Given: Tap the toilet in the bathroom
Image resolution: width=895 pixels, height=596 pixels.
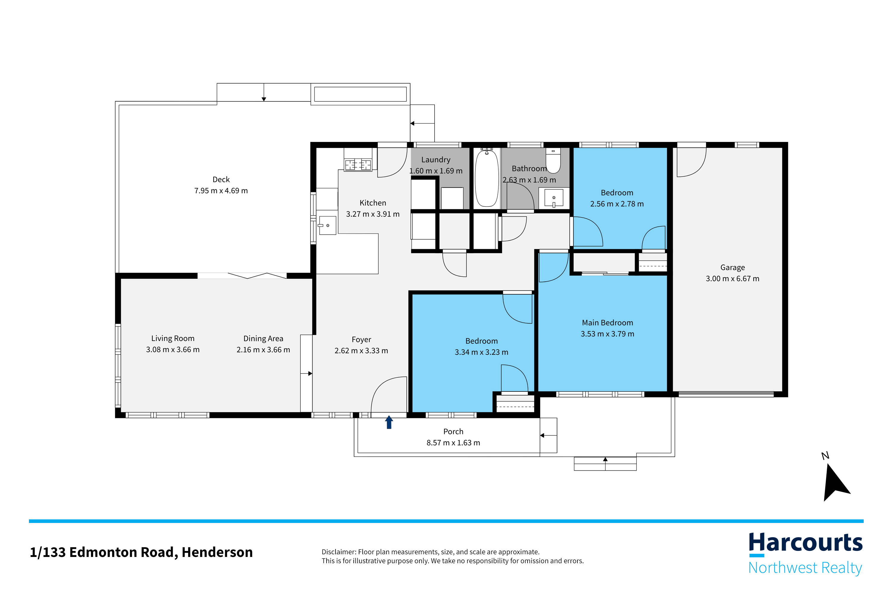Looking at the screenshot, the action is click(553, 160).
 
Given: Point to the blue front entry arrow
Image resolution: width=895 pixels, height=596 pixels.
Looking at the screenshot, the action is click(389, 422).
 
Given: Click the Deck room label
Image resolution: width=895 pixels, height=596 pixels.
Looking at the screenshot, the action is click(221, 179).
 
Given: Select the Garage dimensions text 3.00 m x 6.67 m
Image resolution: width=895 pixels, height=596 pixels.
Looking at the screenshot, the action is click(732, 278).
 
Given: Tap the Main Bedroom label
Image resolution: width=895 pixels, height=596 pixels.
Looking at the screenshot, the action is click(607, 323).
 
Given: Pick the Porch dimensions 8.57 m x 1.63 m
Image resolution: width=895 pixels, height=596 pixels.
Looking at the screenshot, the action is click(453, 443).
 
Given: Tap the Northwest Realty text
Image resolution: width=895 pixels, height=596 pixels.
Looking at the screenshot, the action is click(805, 568).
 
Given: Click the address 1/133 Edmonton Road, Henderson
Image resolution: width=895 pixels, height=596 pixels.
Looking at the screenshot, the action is click(141, 552).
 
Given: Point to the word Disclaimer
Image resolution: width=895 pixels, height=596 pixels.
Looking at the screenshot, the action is click(338, 552).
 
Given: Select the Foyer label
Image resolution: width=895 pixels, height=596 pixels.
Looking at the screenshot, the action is click(361, 339).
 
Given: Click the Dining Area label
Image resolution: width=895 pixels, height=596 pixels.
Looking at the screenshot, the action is click(263, 339).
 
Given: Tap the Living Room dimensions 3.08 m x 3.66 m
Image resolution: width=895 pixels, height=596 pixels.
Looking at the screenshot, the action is click(173, 350).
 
